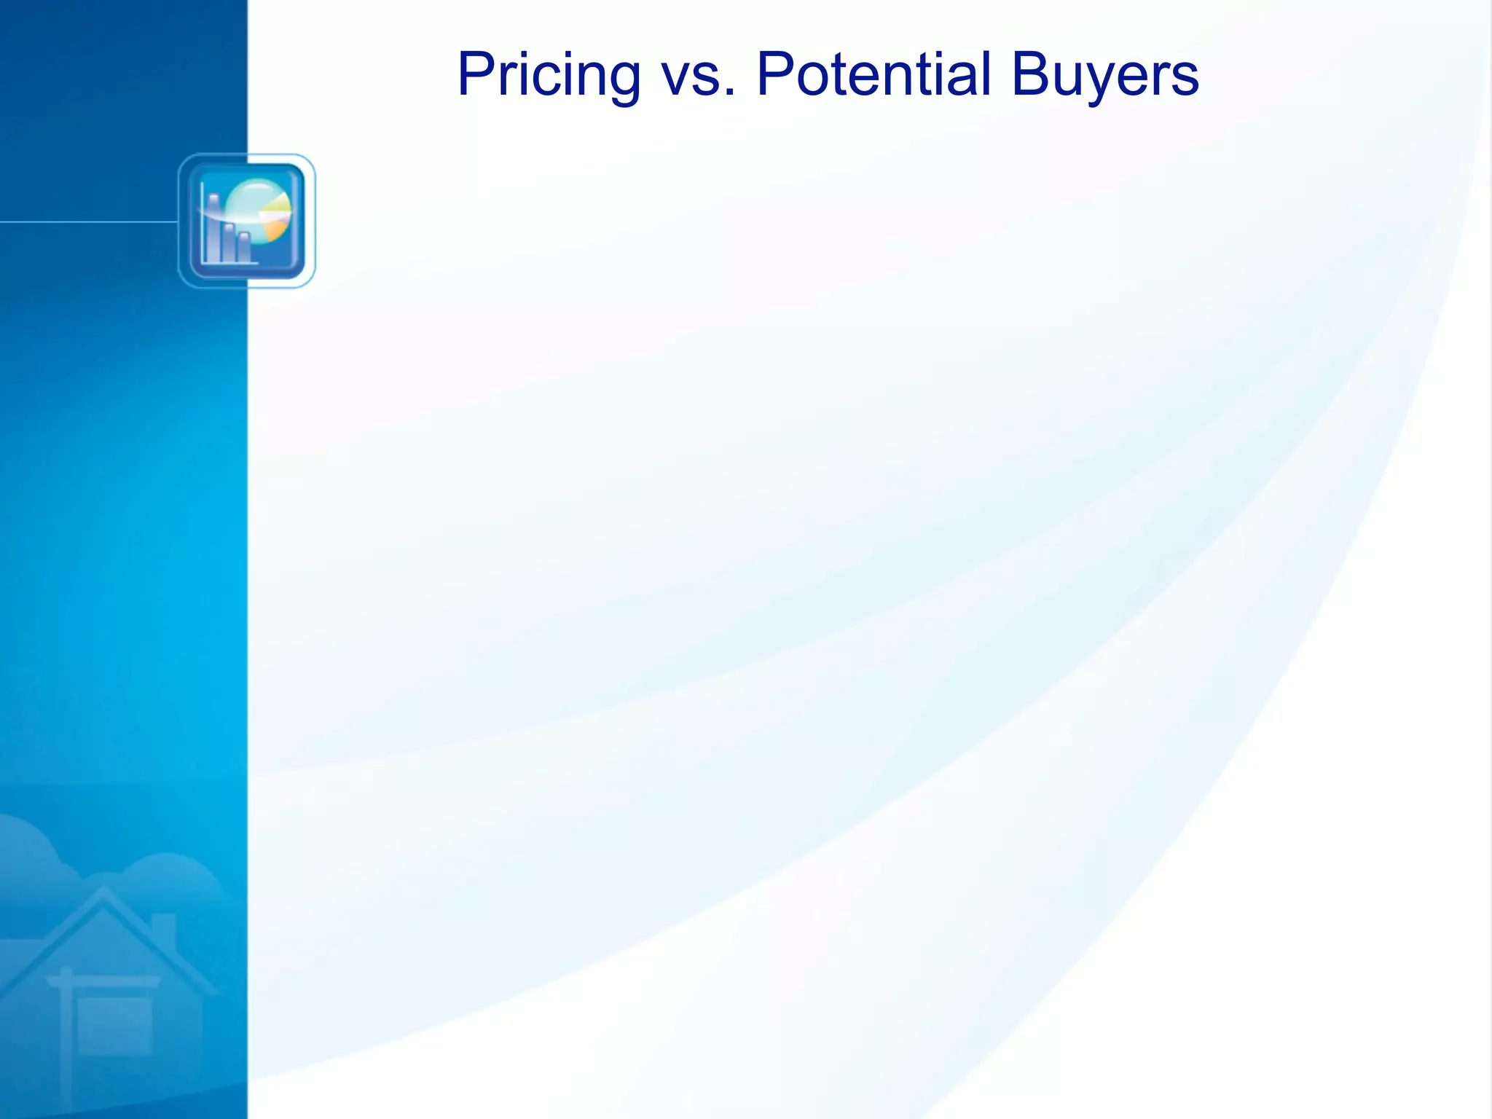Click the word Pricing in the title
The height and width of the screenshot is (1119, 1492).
pos(549,75)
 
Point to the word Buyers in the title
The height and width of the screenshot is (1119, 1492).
pos(1104,75)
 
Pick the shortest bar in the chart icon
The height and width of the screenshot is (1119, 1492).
pos(244,248)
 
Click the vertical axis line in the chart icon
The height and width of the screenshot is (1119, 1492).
pos(203,222)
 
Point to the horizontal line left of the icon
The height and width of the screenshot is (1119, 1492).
pos(87,221)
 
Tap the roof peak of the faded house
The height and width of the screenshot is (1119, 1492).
pos(105,893)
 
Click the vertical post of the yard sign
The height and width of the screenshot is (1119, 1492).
pos(66,1042)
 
